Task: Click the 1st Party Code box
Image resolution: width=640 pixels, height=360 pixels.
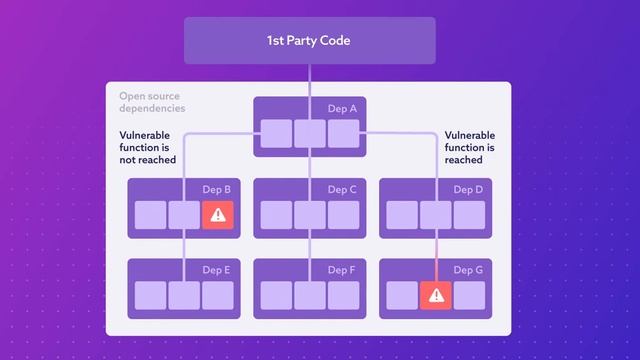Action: point(309,41)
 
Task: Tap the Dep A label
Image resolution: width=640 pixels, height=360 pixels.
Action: point(342,109)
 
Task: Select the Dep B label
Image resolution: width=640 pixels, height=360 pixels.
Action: point(216,189)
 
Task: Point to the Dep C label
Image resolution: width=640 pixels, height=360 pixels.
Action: point(342,189)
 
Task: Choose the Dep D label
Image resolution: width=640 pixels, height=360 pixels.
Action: point(468,189)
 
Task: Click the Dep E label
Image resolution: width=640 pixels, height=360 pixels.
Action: point(216,270)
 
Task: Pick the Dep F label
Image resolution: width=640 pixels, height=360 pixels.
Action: point(342,270)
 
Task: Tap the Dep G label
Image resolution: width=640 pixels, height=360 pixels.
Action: point(468,270)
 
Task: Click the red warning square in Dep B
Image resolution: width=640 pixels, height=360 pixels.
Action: point(217,214)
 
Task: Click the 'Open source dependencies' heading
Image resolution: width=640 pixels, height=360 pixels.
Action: point(153,102)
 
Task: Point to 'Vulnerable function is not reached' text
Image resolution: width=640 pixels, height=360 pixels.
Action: point(148,147)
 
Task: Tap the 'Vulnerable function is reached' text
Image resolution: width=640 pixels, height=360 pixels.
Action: point(470,147)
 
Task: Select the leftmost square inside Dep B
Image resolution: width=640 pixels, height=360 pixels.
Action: point(150,214)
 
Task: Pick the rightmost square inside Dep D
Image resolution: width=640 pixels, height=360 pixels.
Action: point(469,214)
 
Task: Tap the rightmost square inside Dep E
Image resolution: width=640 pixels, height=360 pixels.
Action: point(217,295)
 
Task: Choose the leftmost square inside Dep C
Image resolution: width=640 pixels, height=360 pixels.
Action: point(276,214)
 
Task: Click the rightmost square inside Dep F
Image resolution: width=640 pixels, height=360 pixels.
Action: point(343,295)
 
